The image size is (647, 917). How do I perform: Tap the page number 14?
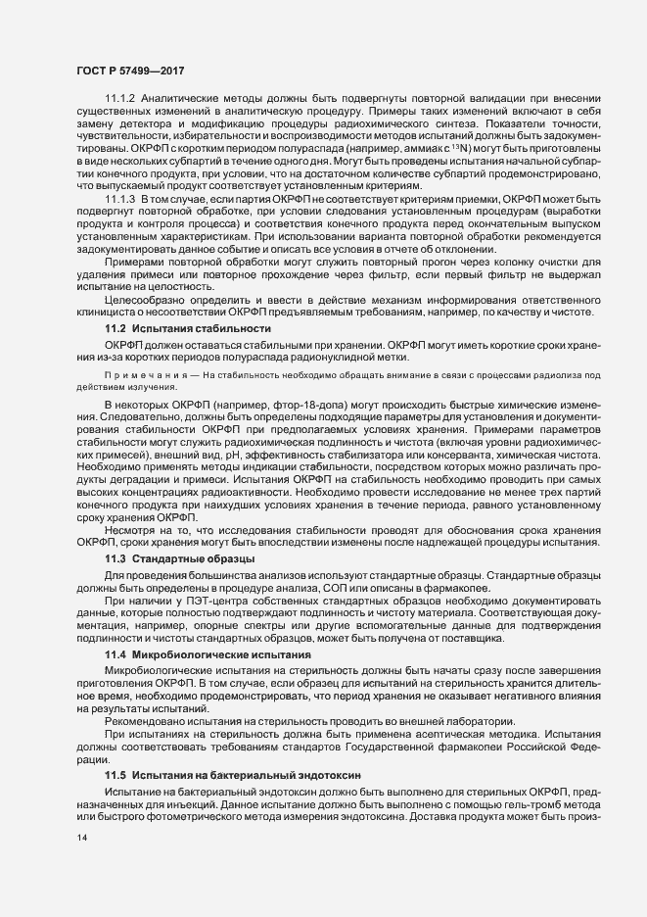(x=83, y=840)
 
